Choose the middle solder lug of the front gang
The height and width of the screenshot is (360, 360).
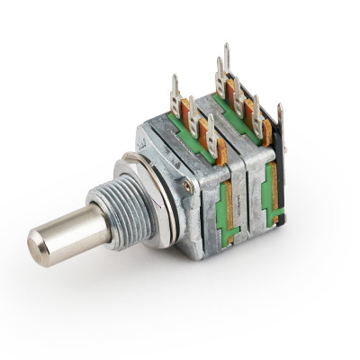point(193,112)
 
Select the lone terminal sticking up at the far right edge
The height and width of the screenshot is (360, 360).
point(279,121)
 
